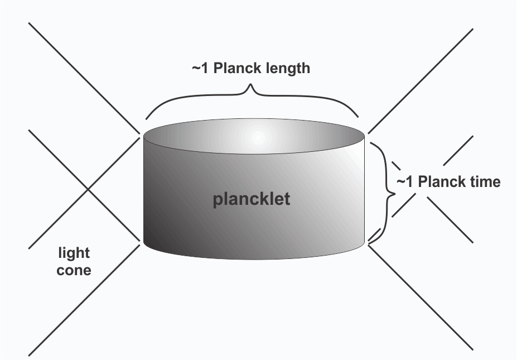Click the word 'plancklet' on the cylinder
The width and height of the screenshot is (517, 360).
251,199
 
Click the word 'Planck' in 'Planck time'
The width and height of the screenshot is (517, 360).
443,182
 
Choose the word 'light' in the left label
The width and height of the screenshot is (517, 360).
74,254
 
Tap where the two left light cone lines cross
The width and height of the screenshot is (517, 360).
88,189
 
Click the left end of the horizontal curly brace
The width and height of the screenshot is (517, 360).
146,119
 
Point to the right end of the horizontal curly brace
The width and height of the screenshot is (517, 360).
358,118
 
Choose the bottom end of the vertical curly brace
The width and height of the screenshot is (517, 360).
369,243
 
